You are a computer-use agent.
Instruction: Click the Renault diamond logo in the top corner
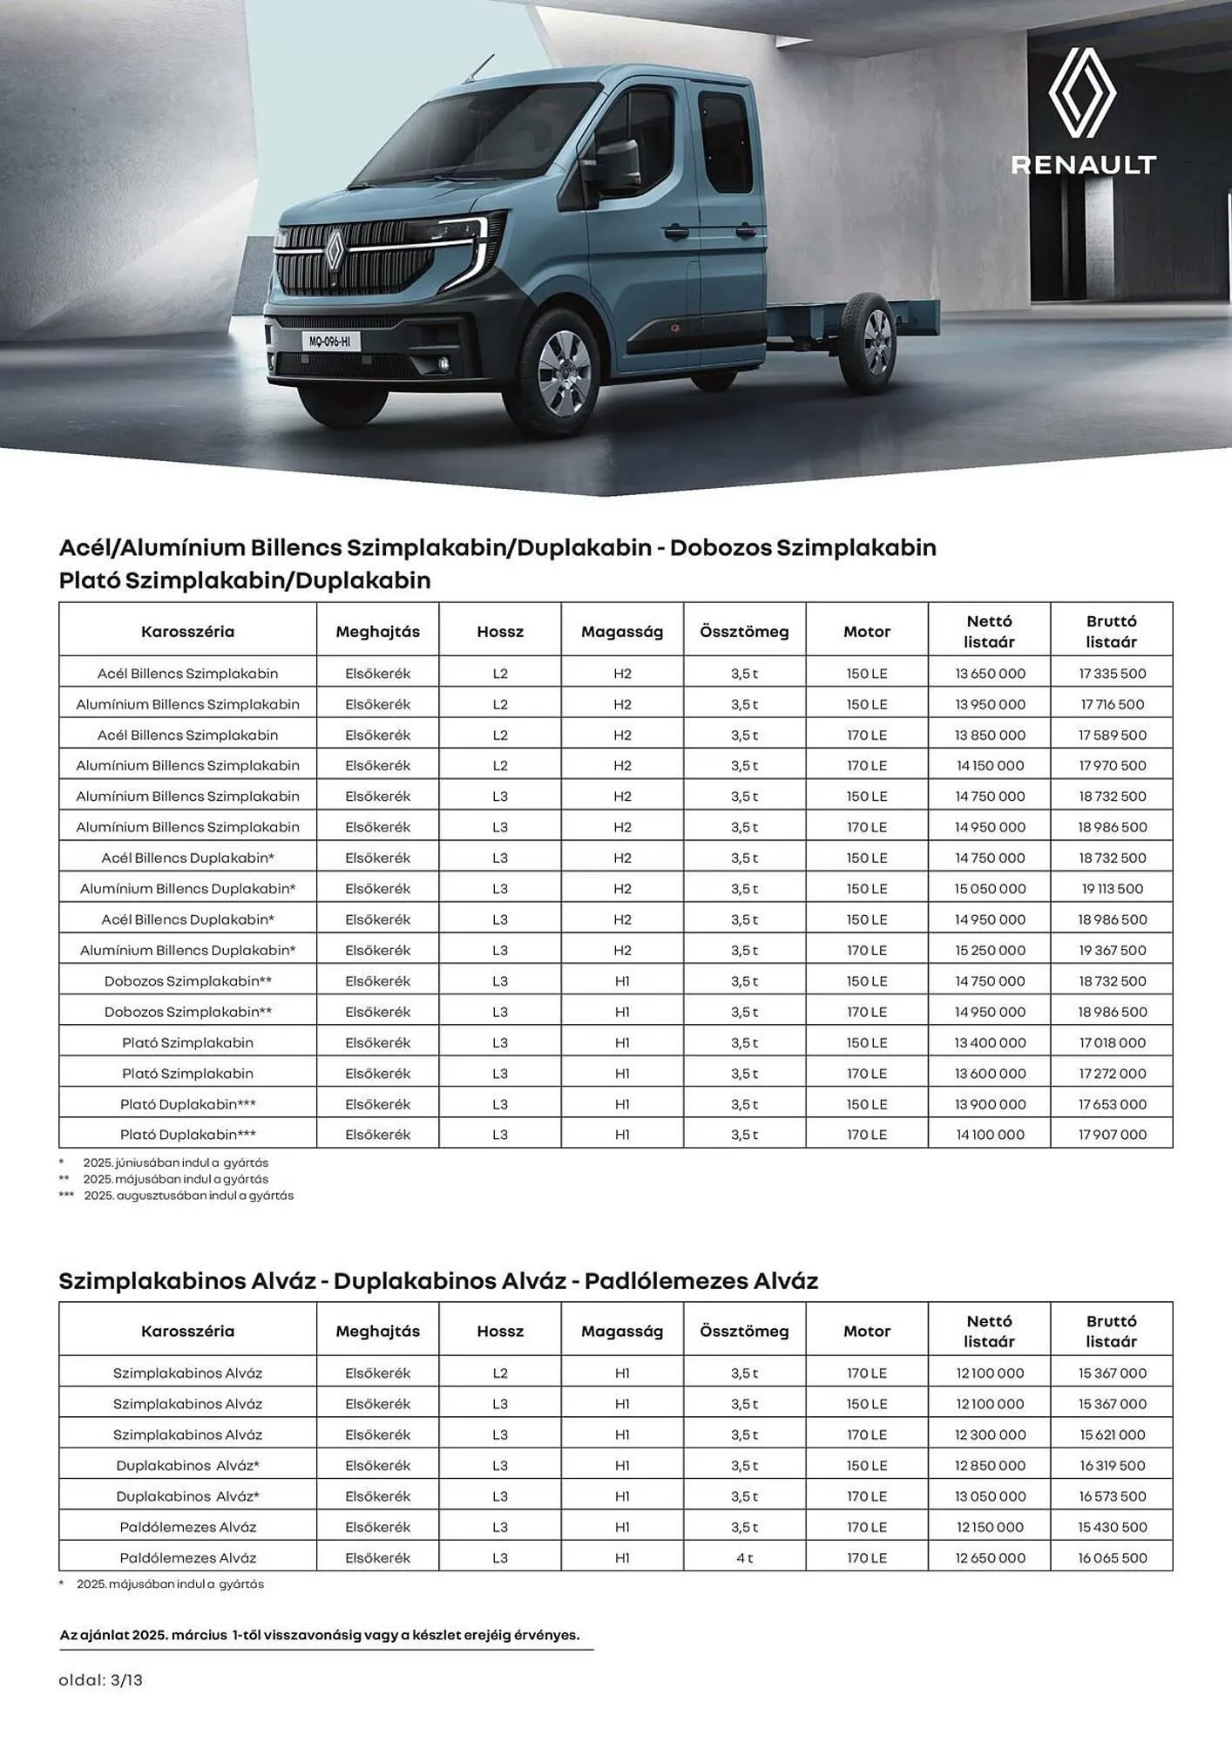click(1082, 92)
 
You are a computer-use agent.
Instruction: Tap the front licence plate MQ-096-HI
click(330, 342)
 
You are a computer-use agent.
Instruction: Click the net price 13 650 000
click(990, 674)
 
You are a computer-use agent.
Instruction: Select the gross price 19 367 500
click(1112, 950)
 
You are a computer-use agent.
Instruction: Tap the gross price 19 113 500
click(1112, 889)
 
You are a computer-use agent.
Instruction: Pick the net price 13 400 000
click(990, 1042)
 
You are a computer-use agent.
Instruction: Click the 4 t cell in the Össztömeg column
click(744, 1557)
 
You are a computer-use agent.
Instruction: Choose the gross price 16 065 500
click(1112, 1557)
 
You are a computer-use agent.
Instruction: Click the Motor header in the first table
click(867, 632)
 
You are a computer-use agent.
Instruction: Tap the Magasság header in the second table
click(622, 1331)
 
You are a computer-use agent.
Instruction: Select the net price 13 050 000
click(990, 1496)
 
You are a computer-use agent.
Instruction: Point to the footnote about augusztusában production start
click(188, 1196)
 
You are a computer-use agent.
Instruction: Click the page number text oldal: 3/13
click(100, 1680)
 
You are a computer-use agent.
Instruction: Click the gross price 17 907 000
click(1112, 1135)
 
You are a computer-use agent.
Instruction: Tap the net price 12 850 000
click(990, 1466)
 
